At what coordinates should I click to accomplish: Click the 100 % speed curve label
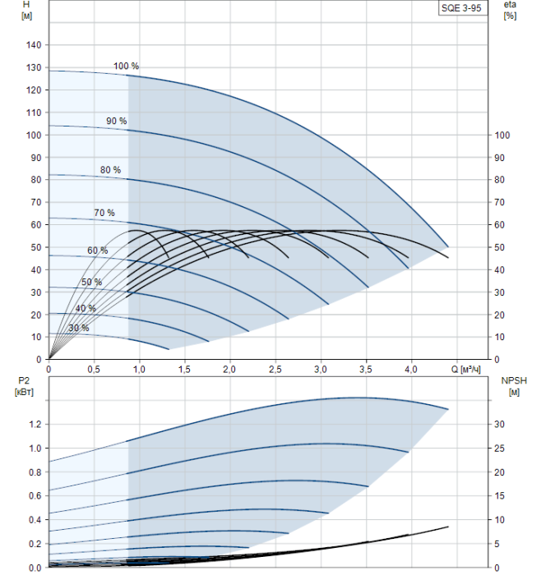click(x=126, y=66)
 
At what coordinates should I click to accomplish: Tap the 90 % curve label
click(x=116, y=121)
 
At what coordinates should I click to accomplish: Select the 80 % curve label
click(x=110, y=170)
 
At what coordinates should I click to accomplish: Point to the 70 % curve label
click(x=104, y=213)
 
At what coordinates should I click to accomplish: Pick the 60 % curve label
click(x=98, y=250)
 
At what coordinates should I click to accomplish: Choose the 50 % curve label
click(x=91, y=282)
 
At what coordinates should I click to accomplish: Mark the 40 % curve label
click(x=86, y=308)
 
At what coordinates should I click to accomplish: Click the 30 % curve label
click(x=79, y=328)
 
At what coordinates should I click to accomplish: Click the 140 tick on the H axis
click(x=32, y=45)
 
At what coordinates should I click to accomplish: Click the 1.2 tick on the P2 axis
click(x=34, y=425)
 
